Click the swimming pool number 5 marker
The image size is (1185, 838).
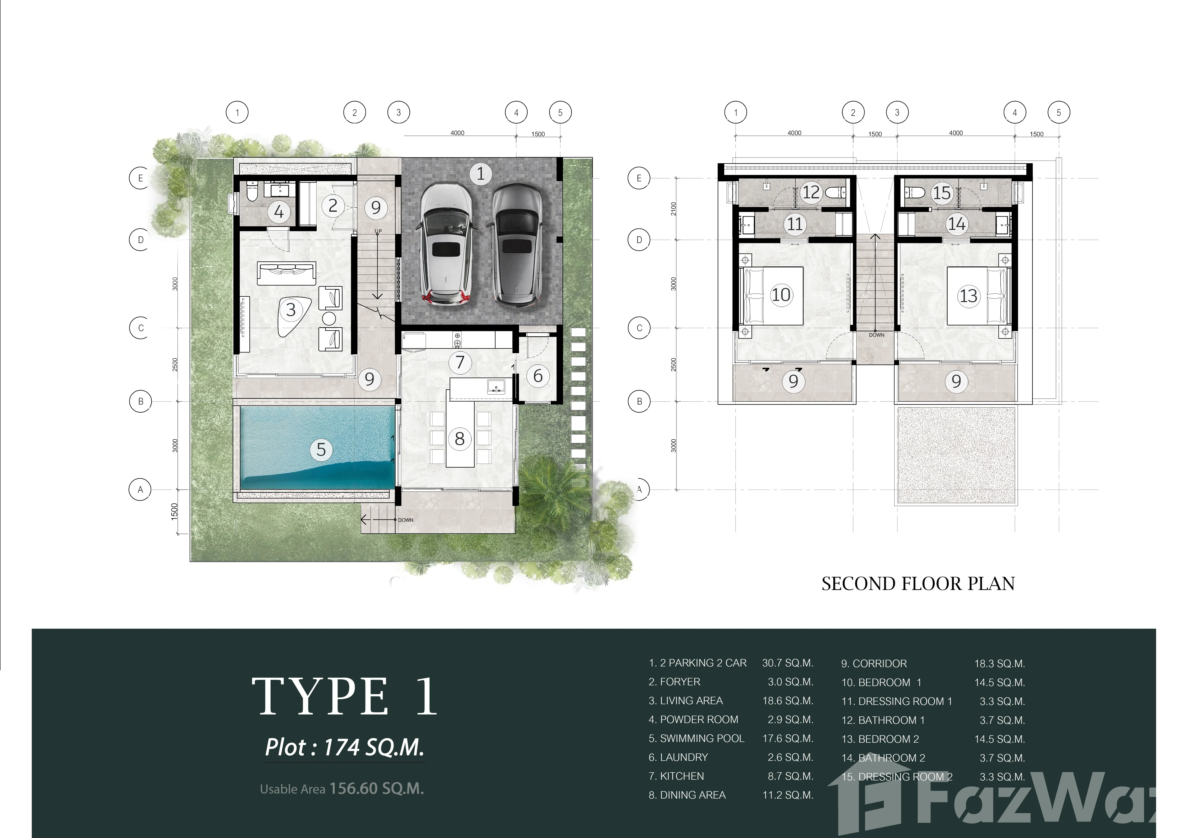(x=321, y=449)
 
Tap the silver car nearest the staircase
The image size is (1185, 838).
(x=447, y=245)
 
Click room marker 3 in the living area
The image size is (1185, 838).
(x=291, y=310)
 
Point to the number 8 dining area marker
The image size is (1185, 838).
(x=459, y=439)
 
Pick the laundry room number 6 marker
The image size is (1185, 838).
(x=538, y=376)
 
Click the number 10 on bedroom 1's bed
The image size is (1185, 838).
(x=781, y=295)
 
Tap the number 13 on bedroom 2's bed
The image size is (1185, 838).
(x=968, y=296)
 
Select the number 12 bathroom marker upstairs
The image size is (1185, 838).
(x=811, y=192)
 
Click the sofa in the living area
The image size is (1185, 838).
(x=286, y=273)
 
